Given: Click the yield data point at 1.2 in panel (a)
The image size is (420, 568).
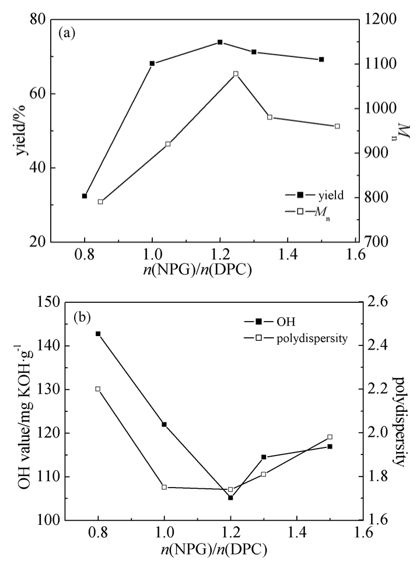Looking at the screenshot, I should click(220, 42).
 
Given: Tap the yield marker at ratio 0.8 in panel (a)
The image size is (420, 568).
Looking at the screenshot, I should click(85, 196).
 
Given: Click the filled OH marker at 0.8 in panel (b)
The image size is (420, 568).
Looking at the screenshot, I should click(98, 334).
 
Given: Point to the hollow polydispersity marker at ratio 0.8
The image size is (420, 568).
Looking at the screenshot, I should click(98, 389).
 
